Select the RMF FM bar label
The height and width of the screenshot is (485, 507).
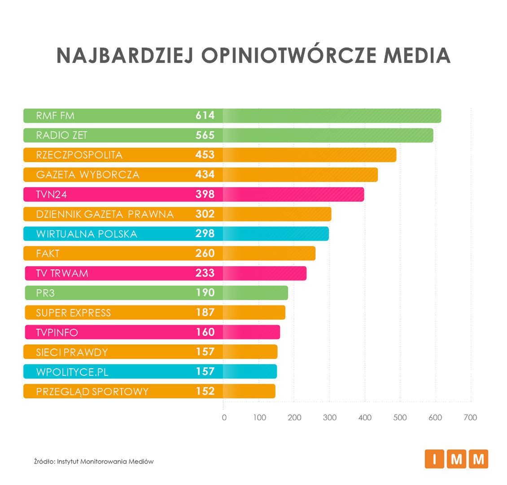click(55, 116)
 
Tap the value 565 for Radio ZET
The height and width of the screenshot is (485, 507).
click(205, 135)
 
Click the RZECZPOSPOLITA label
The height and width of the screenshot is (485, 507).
click(79, 155)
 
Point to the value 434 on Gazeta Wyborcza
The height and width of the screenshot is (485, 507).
click(205, 175)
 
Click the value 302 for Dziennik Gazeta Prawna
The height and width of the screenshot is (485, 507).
click(205, 214)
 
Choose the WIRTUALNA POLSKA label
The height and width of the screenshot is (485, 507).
click(87, 234)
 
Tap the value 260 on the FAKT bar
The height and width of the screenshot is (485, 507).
click(205, 253)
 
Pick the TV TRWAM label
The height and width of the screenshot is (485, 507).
click(62, 273)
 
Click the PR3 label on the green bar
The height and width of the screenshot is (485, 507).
click(46, 293)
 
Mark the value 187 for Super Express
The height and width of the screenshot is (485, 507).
click(205, 313)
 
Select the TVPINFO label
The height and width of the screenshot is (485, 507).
click(57, 332)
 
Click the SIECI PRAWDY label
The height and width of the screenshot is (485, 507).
click(72, 352)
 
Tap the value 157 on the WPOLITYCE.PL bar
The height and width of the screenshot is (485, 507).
click(205, 371)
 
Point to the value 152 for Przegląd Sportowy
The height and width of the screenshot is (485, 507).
click(205, 391)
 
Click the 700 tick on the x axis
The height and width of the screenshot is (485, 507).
click(470, 418)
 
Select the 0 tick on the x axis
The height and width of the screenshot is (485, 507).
click(224, 418)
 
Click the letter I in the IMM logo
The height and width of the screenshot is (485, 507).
click(434, 459)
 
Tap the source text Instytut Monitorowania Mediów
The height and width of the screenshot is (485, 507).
click(105, 461)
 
